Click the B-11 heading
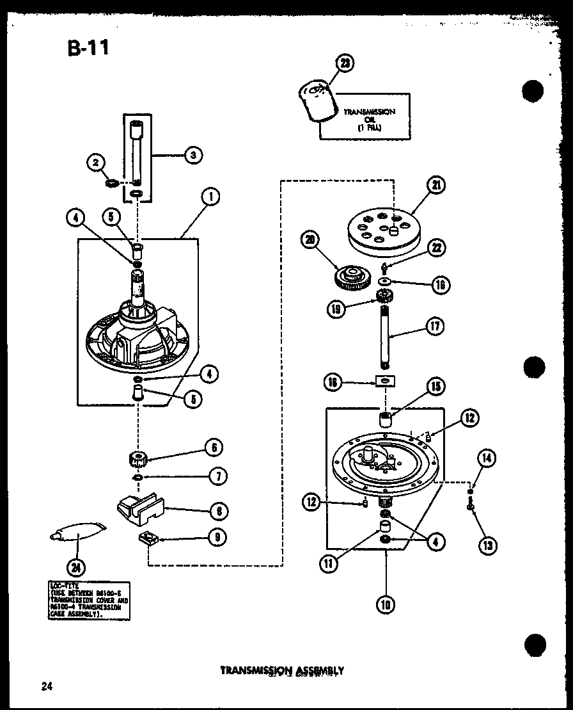(x=88, y=48)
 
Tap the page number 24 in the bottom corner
(x=46, y=687)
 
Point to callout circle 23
(x=345, y=63)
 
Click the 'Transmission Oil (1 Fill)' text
(x=369, y=120)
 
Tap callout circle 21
(x=436, y=186)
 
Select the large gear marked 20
(x=352, y=278)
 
